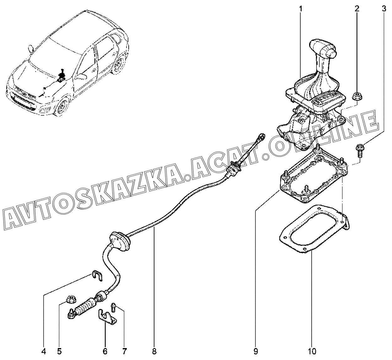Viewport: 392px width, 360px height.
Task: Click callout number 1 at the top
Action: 300,9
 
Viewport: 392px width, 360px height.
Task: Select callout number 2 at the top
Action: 357,9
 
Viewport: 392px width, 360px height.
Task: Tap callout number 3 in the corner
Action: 384,9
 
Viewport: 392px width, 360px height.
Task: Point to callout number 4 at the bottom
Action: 44,351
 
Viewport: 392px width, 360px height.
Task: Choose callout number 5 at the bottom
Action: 60,351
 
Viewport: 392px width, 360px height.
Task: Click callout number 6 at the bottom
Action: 105,351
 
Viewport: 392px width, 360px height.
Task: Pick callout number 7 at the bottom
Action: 124,351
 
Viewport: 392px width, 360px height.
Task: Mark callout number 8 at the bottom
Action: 154,351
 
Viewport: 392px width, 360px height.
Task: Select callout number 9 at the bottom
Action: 255,351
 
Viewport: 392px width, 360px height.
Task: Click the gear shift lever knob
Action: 323,48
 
